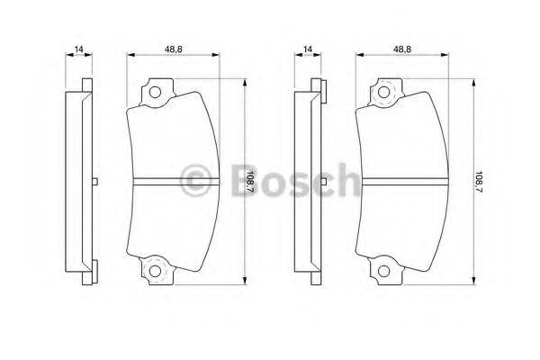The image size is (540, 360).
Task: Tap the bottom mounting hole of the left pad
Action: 154,271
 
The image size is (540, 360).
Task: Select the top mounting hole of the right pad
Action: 384,92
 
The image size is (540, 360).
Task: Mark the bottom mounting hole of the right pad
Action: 384,271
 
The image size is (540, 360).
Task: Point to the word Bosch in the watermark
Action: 292,181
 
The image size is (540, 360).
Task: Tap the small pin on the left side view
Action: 94,183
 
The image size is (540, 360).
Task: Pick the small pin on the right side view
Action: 323,183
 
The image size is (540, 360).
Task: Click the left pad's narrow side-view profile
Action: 81,180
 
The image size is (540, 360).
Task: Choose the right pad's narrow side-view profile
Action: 310,180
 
